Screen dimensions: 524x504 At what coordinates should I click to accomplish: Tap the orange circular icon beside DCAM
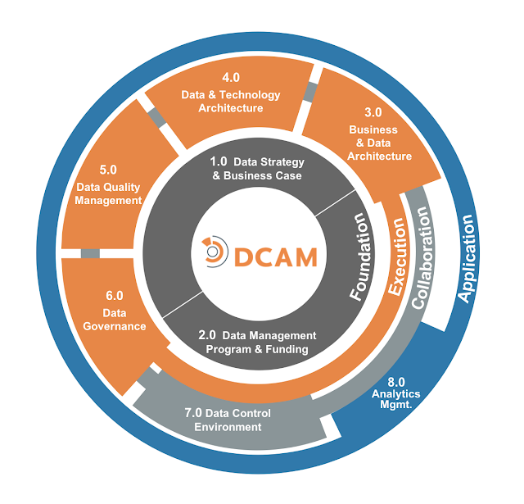215,251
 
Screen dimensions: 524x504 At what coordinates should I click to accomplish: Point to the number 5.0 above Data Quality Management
108,170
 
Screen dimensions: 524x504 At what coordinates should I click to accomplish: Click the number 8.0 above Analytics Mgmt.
395,381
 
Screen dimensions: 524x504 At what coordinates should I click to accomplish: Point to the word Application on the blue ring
468,259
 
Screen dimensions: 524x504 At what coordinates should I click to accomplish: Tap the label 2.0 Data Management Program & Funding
257,343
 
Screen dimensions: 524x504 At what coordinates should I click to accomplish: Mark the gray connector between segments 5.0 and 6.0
90,254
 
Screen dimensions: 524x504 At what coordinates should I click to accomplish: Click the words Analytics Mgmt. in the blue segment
395,399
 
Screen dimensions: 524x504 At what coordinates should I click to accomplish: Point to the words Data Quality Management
109,193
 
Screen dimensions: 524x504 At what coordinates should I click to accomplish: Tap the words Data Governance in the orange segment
114,320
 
